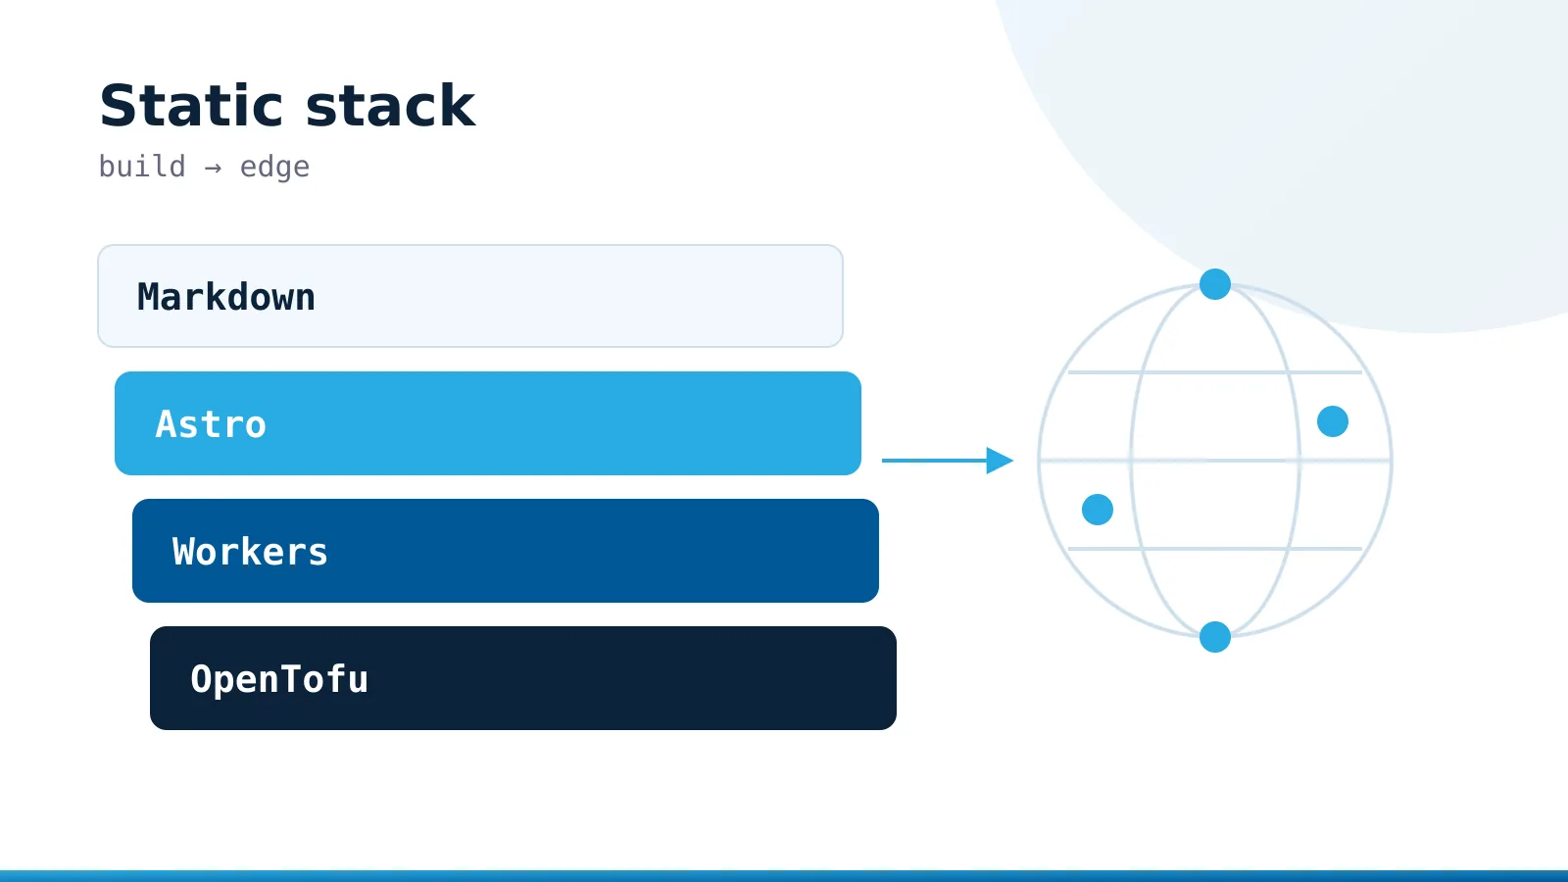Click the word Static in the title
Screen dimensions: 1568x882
(x=191, y=106)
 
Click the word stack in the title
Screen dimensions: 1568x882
(x=391, y=106)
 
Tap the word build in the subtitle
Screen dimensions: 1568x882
(x=142, y=167)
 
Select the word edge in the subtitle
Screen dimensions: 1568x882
(x=274, y=168)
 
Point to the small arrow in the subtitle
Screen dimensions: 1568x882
(x=213, y=168)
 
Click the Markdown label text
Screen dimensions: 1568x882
(x=226, y=297)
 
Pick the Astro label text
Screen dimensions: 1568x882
(x=211, y=424)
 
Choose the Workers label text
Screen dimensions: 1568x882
(x=250, y=552)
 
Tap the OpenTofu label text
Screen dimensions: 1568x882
(x=279, y=679)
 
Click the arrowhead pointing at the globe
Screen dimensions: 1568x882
(x=1000, y=461)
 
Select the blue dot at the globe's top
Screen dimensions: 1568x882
(x=1215, y=284)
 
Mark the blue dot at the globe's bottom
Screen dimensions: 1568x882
(x=1215, y=637)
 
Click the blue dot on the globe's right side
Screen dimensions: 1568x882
(x=1333, y=421)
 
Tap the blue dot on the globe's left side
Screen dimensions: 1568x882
(x=1098, y=510)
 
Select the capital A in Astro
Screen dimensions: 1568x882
(x=166, y=424)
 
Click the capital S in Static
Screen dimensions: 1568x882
(x=117, y=106)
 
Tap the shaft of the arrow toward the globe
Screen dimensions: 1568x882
(x=935, y=461)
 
